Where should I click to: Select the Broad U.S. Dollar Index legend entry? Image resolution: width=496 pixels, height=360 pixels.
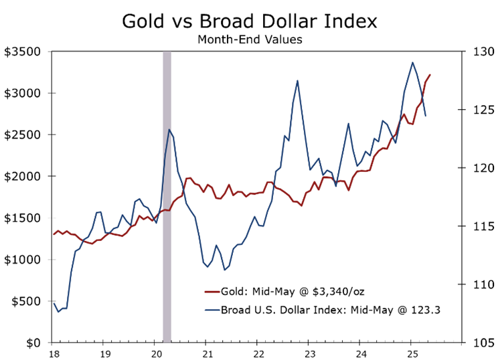[x=330, y=310]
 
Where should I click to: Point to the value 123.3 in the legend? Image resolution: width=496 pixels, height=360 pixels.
[x=428, y=310]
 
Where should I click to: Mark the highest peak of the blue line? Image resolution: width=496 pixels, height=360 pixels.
[x=412, y=62]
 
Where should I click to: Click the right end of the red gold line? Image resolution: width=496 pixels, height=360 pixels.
[x=430, y=75]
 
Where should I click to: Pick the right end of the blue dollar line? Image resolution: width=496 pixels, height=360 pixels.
[x=426, y=116]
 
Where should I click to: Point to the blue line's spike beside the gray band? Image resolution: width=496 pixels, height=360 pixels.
[x=169, y=130]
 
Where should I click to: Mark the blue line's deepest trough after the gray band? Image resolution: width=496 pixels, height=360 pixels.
[x=224, y=270]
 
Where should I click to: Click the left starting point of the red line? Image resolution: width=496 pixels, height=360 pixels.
[x=54, y=234]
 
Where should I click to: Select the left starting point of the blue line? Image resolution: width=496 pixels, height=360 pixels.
[x=54, y=304]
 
